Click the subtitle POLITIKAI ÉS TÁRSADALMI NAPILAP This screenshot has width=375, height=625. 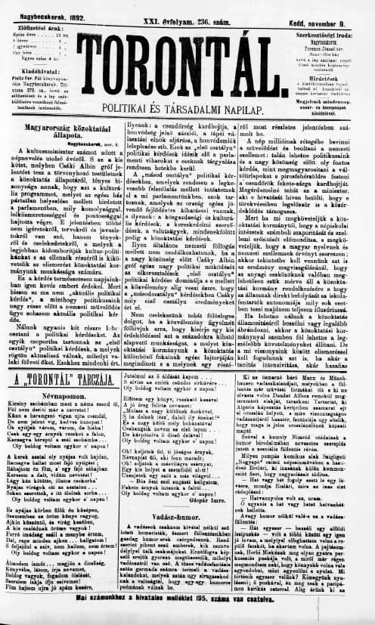click(x=187, y=98)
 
